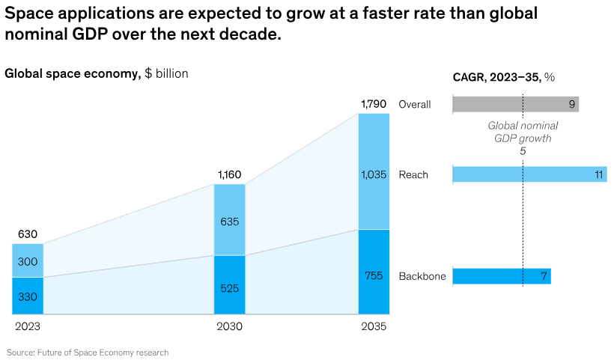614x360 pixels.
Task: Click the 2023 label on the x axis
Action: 28,327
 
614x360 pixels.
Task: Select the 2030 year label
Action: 229,327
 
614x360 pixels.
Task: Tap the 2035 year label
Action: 374,327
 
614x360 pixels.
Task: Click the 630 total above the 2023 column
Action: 28,234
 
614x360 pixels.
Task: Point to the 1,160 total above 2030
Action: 229,175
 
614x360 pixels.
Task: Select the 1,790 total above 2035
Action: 374,104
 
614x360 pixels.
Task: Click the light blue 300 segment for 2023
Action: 28,260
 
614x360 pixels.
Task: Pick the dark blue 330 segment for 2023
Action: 28,296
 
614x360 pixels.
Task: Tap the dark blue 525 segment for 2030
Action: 229,285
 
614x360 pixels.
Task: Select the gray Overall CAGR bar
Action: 515,105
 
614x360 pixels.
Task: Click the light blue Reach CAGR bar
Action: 529,175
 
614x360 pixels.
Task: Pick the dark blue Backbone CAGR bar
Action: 502,276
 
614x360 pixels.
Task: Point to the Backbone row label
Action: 422,276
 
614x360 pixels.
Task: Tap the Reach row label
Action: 413,175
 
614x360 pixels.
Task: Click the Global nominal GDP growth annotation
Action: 523,132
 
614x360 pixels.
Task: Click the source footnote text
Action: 88,352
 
